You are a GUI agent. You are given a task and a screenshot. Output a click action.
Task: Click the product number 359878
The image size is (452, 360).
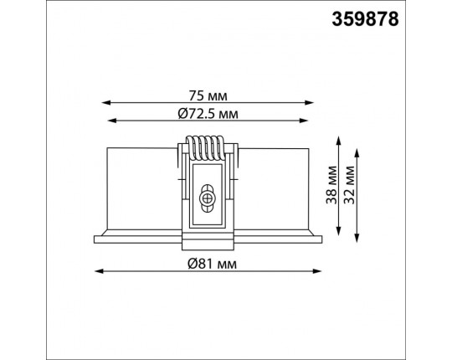coord(365,19)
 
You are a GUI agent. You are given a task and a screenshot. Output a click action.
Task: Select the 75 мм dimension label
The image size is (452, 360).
coord(208,95)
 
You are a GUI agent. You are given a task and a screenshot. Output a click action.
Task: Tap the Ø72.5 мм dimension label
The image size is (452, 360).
coord(208,114)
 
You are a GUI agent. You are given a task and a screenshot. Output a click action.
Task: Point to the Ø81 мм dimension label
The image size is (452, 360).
coord(212,264)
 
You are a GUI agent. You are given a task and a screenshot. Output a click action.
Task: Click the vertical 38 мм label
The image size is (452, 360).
coord(331,185)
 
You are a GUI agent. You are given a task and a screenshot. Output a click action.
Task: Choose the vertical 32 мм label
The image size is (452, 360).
coord(349,185)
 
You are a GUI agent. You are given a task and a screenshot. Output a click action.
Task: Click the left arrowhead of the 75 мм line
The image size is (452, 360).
coord(106,103)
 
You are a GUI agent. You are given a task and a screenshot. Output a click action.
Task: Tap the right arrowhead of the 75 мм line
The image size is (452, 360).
coord(310,103)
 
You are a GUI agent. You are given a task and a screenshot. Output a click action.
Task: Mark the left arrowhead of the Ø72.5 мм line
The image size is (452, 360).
coord(112,121)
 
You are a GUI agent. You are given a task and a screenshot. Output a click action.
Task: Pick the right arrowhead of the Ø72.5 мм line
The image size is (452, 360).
coord(304,121)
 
